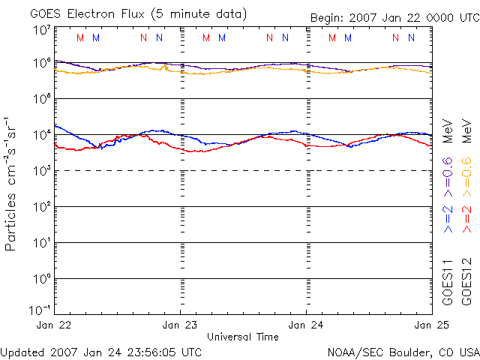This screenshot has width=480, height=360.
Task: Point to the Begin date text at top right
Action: click(394, 18)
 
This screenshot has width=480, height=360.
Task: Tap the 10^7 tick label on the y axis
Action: click(42, 30)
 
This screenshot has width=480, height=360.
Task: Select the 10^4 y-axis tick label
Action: click(42, 135)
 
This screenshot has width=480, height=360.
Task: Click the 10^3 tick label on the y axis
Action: click(42, 171)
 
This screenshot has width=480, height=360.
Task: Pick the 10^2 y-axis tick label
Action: click(42, 207)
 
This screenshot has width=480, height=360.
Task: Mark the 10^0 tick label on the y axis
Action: click(42, 279)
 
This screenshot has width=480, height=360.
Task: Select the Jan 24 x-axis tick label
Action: click(306, 325)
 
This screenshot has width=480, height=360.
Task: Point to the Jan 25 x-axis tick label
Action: click(430, 325)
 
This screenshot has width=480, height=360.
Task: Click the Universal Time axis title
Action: click(243, 337)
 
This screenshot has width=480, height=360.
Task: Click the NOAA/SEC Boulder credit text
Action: click(403, 351)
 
